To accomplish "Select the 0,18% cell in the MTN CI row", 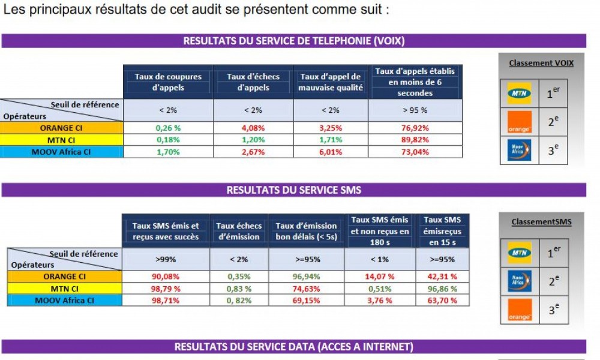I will (167, 140).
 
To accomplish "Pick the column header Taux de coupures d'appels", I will (168, 82).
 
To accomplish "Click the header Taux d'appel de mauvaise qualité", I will (331, 82).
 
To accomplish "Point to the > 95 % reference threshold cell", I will (415, 110).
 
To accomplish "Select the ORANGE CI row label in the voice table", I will (62, 128).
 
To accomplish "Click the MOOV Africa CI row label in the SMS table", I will (64, 300).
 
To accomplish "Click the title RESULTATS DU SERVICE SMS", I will (293, 190).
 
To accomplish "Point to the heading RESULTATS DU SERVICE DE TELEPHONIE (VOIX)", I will (293, 41).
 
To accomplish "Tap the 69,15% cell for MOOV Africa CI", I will (306, 300).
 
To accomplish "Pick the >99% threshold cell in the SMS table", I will (165, 259).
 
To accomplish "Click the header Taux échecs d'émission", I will (239, 231).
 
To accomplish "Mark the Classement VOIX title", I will (541, 63).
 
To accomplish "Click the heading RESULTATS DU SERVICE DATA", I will (293, 347).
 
